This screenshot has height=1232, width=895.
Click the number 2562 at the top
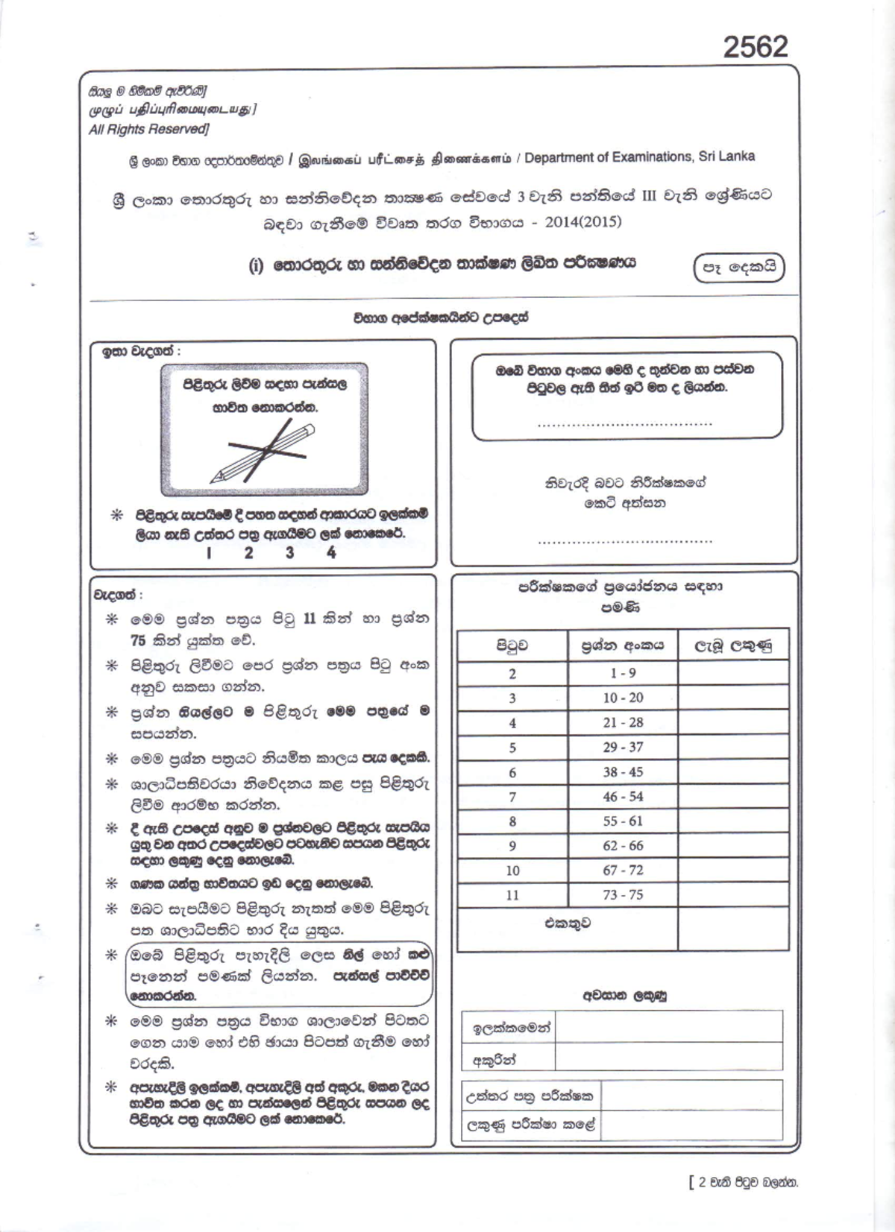click(755, 46)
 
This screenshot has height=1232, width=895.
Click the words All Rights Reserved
click(148, 129)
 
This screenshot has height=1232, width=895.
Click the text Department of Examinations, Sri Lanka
click(639, 157)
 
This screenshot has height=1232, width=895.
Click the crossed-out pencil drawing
click(264, 450)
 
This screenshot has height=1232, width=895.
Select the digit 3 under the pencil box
click(289, 553)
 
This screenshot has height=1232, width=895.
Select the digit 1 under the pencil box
click(209, 553)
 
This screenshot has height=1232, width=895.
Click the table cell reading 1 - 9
click(623, 673)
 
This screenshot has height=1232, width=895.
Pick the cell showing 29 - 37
click(623, 747)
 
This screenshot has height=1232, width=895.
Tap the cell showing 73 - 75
click(623, 894)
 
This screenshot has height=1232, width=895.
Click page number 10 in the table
click(512, 871)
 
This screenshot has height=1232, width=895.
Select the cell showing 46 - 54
click(623, 797)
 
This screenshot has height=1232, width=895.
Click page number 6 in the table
click(512, 772)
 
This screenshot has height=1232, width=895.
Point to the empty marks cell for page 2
click(732, 673)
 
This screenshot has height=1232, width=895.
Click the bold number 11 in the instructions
click(310, 619)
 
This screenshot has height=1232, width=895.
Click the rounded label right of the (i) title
click(739, 268)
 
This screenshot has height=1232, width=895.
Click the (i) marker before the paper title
click(256, 265)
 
